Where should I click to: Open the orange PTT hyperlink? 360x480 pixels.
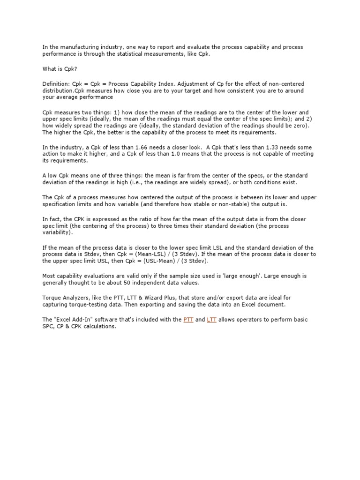188,320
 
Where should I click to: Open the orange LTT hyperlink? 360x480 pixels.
211,320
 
